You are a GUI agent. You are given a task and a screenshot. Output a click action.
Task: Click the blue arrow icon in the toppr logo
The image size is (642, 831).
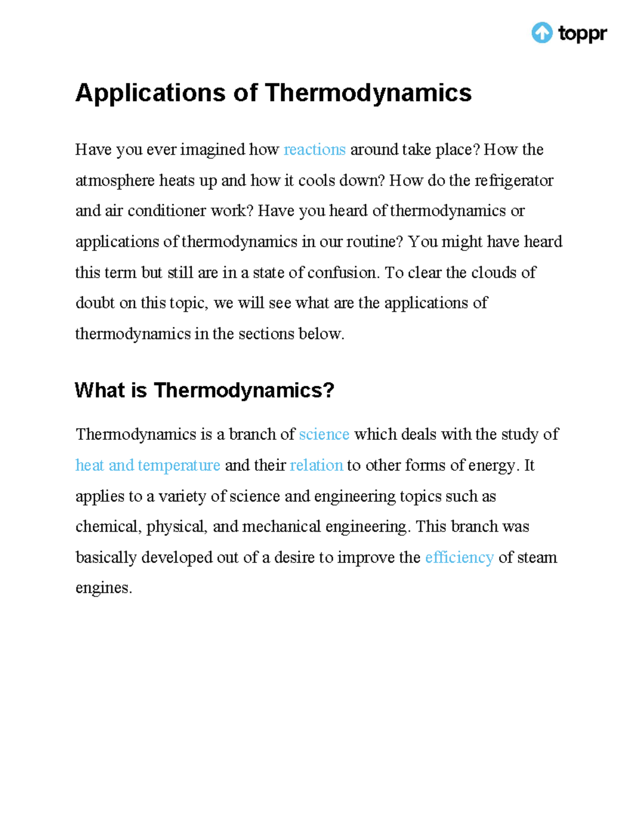[541, 33]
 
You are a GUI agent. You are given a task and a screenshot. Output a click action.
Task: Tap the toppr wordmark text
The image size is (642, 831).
[583, 34]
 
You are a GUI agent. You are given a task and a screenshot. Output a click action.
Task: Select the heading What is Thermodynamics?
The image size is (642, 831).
[204, 390]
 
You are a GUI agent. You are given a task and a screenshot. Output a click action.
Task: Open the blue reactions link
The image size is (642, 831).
[315, 149]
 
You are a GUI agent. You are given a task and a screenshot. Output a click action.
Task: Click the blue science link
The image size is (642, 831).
[324, 434]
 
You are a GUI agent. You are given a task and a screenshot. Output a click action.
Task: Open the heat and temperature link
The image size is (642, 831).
[148, 465]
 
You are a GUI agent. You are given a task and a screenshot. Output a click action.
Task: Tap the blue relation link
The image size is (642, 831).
[316, 465]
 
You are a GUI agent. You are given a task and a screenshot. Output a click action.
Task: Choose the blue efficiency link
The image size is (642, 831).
[459, 557]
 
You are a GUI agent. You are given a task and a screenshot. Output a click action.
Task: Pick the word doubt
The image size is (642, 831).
[95, 303]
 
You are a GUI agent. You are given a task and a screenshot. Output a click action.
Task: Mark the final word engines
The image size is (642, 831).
[103, 588]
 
